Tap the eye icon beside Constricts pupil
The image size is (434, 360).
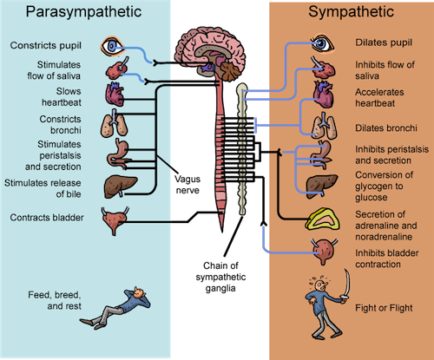tap(114, 45)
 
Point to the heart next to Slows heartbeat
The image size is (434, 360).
tap(115, 95)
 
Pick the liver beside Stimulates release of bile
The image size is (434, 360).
tap(116, 186)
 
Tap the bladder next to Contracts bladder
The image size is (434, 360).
tap(115, 220)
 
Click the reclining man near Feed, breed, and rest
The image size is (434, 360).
tap(122, 303)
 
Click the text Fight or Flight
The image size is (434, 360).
tap(385, 308)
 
